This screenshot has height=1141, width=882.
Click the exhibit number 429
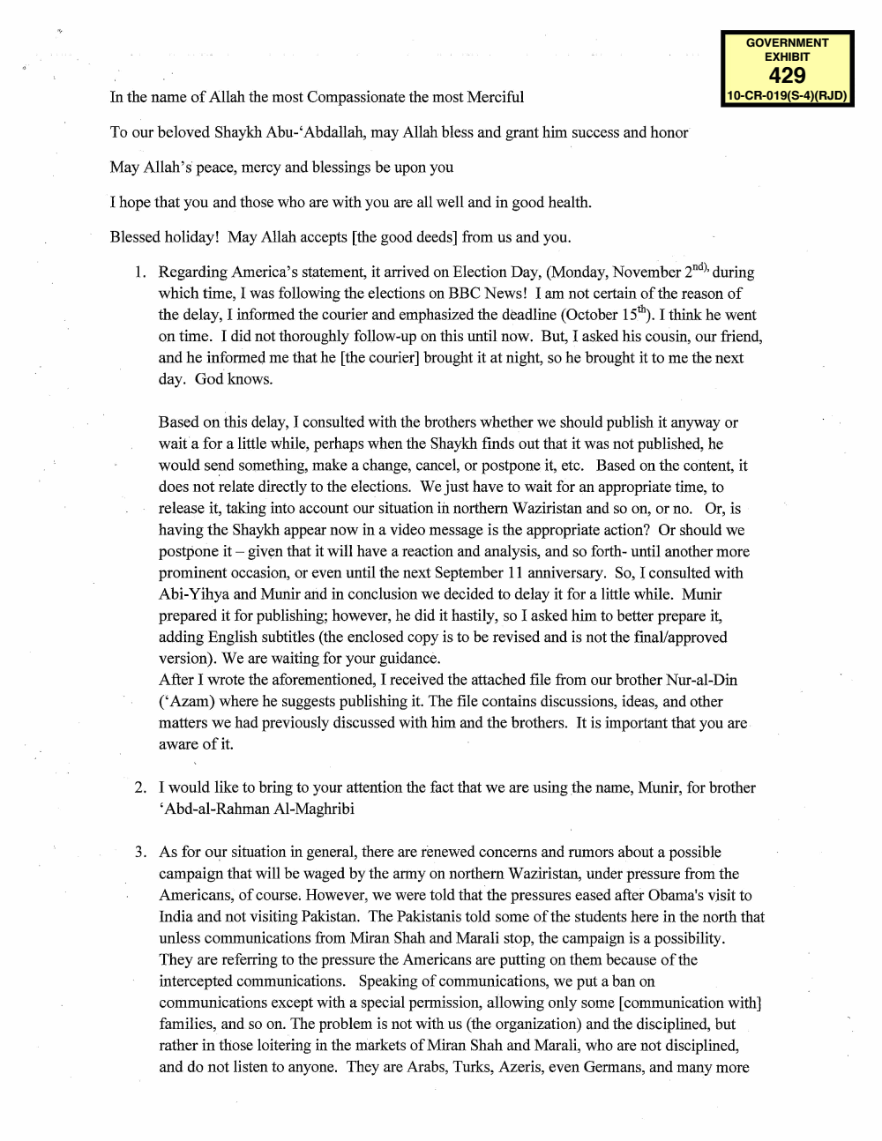point(787,75)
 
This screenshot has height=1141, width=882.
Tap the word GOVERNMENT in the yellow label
point(787,42)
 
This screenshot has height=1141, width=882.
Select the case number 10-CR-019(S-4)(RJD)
point(787,95)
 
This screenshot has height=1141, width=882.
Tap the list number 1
point(140,272)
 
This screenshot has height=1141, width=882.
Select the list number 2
point(140,787)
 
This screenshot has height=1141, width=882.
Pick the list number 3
point(140,852)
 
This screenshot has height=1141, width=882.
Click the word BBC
point(468,294)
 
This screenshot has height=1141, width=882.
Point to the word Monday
point(579,272)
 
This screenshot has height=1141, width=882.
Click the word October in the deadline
point(598,315)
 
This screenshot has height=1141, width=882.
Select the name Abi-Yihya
point(193,594)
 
